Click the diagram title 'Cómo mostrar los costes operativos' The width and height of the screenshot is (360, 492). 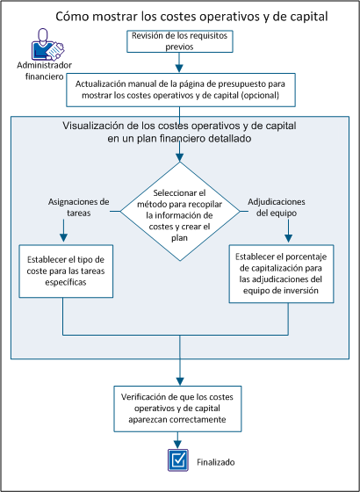[x=180, y=16]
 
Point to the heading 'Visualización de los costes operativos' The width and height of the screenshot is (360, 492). [x=179, y=133]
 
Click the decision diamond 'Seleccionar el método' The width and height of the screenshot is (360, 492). [x=179, y=211]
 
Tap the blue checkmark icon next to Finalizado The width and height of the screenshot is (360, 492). [x=179, y=459]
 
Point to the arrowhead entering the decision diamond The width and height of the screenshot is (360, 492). [x=179, y=158]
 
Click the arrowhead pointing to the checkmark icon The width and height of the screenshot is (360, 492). [x=179, y=445]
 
